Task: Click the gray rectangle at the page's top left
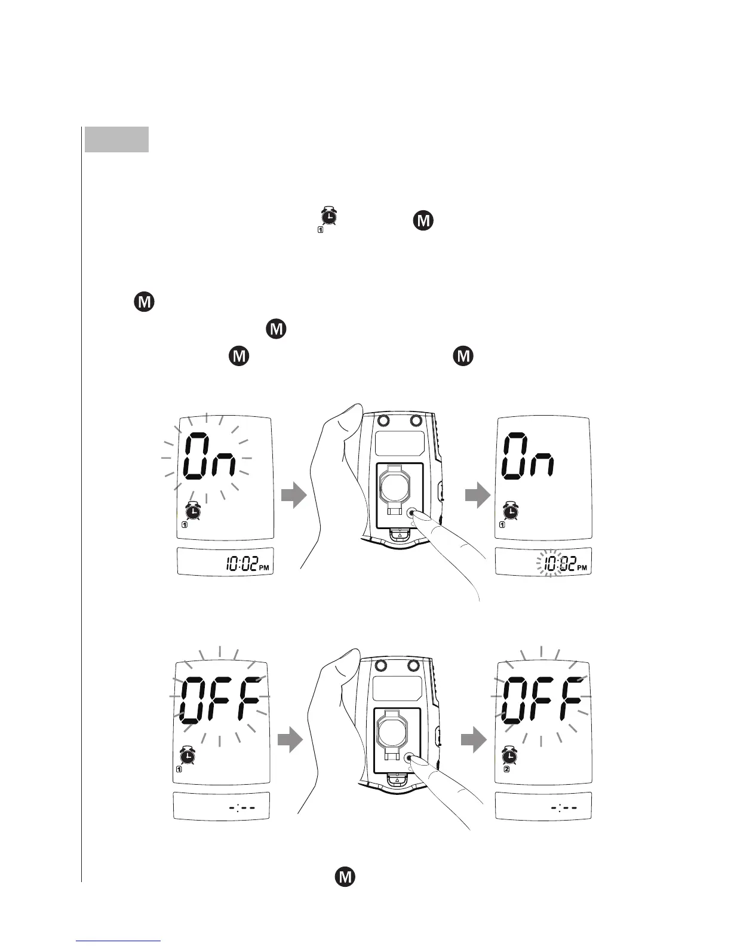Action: (116, 140)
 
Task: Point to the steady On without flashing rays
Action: (529, 457)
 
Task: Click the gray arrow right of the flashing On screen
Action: (293, 496)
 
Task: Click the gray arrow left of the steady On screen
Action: (477, 496)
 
